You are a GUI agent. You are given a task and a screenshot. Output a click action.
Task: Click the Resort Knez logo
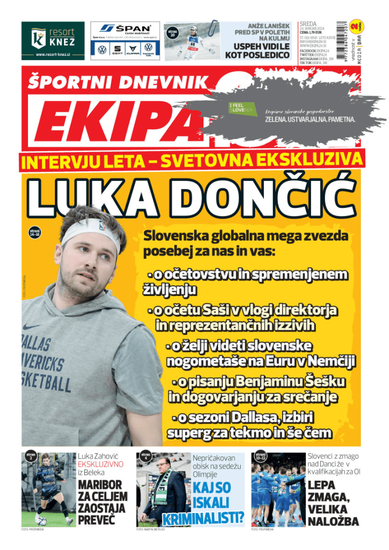click(53, 40)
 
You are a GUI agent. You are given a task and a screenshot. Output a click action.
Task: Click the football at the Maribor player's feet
click(42, 520)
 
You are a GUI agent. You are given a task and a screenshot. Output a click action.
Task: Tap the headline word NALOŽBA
click(333, 520)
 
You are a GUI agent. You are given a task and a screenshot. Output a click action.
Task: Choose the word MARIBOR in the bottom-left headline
click(100, 485)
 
